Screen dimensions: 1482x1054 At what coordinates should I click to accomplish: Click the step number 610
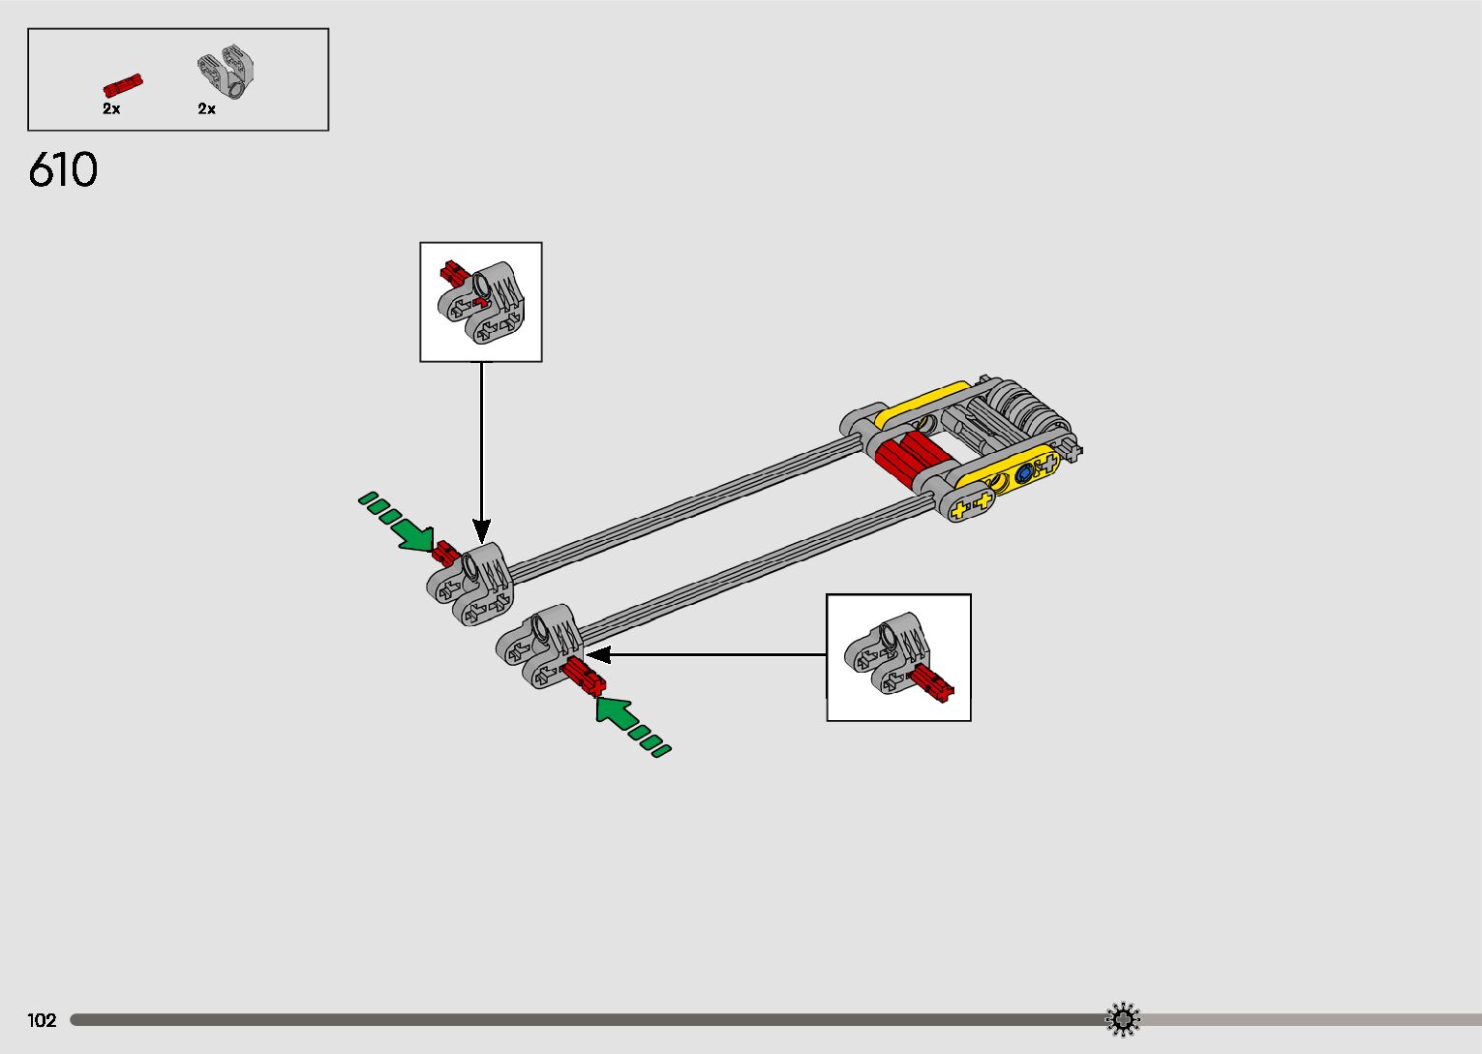[x=63, y=170]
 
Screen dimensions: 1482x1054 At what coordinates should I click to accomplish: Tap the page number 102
[x=42, y=1020]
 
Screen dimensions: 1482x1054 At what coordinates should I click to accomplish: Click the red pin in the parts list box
[x=123, y=85]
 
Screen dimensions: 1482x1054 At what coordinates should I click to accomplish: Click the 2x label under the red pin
[x=111, y=109]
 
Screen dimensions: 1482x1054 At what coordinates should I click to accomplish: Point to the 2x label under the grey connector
[x=206, y=109]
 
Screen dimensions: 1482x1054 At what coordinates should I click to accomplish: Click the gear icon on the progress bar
[x=1123, y=1019]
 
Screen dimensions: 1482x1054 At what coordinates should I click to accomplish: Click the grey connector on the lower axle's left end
[x=540, y=646]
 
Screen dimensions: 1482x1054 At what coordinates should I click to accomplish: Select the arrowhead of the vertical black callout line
[x=481, y=530]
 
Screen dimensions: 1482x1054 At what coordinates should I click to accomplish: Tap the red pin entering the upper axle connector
[x=445, y=553]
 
